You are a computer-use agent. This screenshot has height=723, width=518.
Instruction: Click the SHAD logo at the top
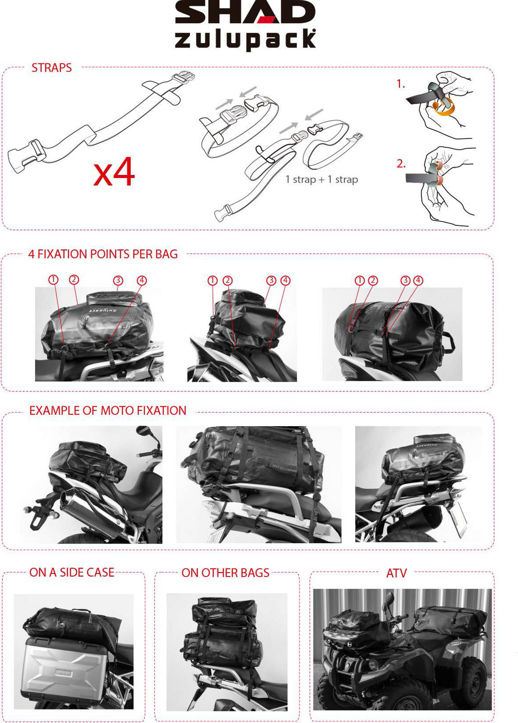[x=245, y=12]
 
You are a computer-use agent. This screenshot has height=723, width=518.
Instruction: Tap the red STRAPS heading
[x=52, y=68]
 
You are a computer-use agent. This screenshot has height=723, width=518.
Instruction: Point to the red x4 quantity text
[x=114, y=172]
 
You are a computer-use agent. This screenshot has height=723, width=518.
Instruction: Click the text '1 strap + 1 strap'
[x=322, y=179]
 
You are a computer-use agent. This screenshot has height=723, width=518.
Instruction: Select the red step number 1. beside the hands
[x=401, y=84]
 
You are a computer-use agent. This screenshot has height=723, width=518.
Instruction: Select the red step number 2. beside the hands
[x=401, y=164]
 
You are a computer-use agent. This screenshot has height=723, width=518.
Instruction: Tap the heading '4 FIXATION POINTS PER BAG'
[x=103, y=254]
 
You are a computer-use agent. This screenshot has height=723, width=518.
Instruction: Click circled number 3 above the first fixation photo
[x=118, y=280]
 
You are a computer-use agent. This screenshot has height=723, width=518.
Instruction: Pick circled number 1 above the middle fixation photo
[x=212, y=281]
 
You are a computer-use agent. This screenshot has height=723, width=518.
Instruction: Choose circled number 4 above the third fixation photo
[x=418, y=280]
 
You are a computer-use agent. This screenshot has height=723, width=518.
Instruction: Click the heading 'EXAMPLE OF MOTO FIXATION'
[x=108, y=411]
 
